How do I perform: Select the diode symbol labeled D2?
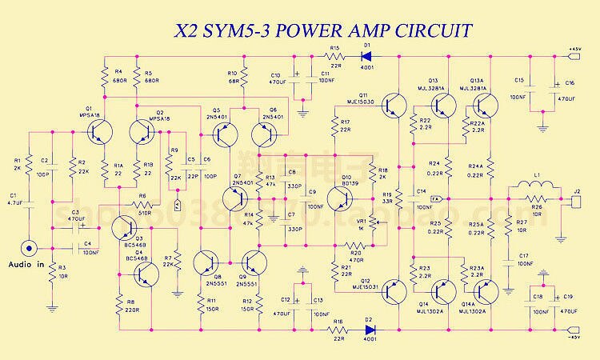[369, 329]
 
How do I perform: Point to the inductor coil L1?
[527, 190]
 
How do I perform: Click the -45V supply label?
[574, 337]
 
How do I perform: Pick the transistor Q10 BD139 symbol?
[340, 197]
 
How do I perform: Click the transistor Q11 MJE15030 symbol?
[391, 105]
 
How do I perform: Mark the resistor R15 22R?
[335, 57]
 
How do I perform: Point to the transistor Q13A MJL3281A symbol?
[485, 104]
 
